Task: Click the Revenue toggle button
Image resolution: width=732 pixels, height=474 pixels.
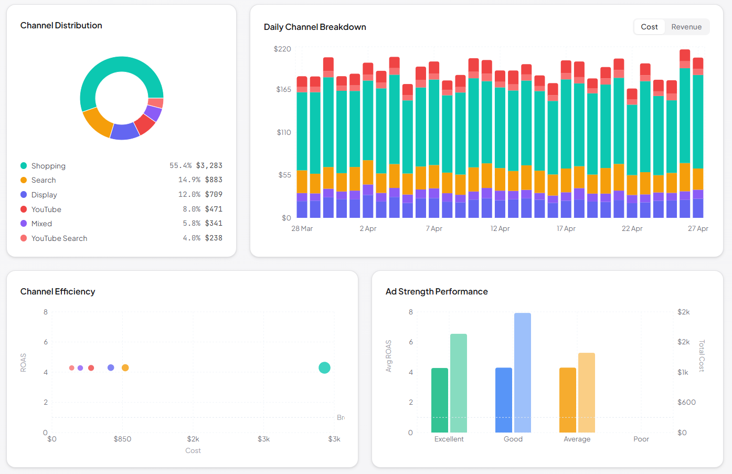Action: pyautogui.click(x=686, y=27)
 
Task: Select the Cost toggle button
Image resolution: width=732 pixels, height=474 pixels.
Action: pyautogui.click(x=649, y=27)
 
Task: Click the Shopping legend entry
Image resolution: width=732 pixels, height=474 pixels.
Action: pyautogui.click(x=48, y=166)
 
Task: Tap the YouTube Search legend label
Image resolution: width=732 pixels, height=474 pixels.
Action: pyautogui.click(x=59, y=238)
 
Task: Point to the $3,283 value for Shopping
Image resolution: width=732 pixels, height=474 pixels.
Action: pyautogui.click(x=209, y=165)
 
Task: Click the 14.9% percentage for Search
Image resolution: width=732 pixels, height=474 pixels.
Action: pyautogui.click(x=189, y=180)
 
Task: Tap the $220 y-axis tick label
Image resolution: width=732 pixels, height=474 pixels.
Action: pyautogui.click(x=282, y=49)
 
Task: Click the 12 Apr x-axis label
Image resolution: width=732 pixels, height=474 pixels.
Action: pyautogui.click(x=500, y=228)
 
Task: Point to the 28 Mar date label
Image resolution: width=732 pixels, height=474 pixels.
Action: pyautogui.click(x=302, y=228)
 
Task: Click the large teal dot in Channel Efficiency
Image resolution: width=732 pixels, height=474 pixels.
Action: pyautogui.click(x=324, y=368)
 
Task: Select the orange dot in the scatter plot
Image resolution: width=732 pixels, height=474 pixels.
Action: pyautogui.click(x=125, y=368)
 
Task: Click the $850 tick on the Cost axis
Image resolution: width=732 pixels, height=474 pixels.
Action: pyautogui.click(x=122, y=439)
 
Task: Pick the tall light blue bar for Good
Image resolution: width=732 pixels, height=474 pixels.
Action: pyautogui.click(x=522, y=373)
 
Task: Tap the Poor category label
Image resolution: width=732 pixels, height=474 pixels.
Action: pyautogui.click(x=641, y=439)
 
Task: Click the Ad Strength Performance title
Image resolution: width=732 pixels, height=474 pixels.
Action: pyautogui.click(x=437, y=291)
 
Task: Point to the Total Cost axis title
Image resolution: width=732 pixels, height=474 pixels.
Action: pyautogui.click(x=702, y=356)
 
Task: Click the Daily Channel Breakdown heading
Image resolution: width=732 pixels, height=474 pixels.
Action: pyautogui.click(x=315, y=27)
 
